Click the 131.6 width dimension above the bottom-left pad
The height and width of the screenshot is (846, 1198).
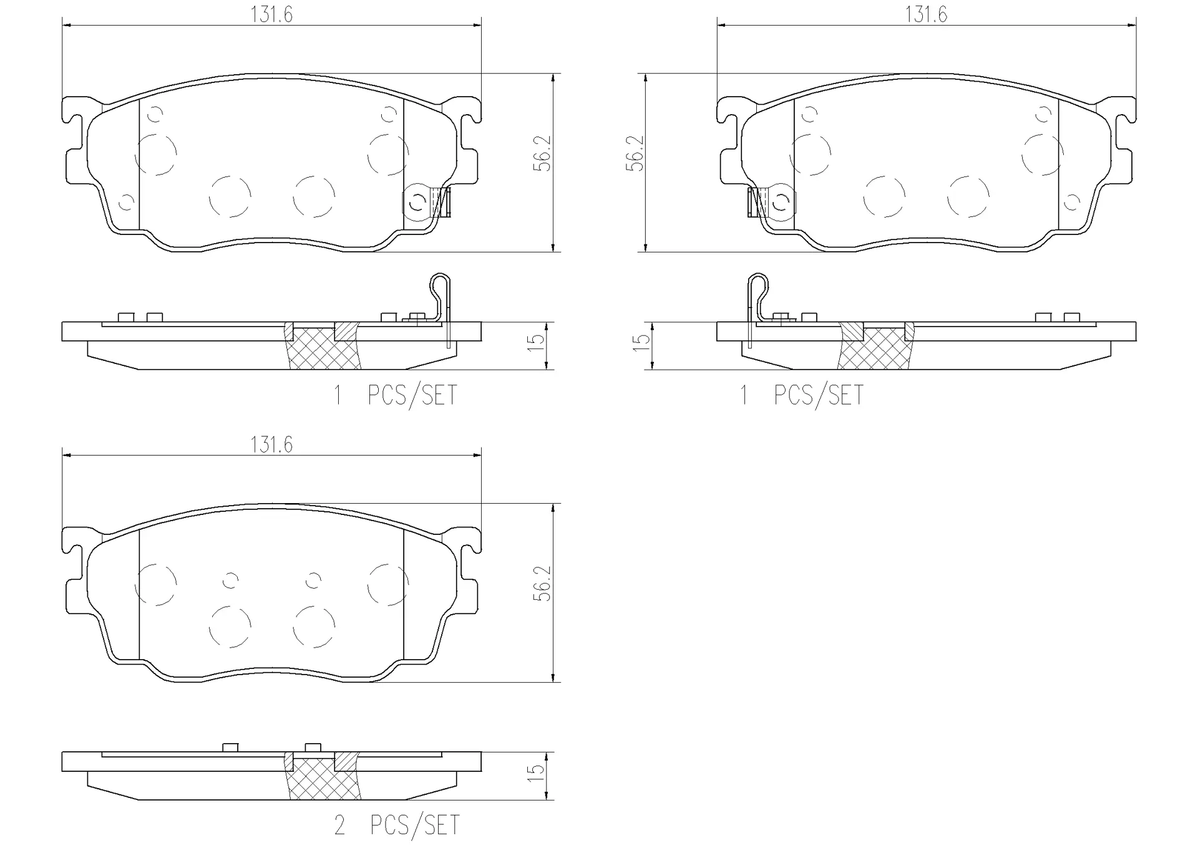click(x=271, y=445)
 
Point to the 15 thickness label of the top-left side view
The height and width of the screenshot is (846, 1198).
click(x=537, y=342)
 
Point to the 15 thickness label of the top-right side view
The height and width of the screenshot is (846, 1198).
click(x=641, y=342)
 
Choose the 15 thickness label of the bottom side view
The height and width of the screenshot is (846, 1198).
click(x=537, y=772)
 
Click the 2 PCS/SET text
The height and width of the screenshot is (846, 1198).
click(x=397, y=825)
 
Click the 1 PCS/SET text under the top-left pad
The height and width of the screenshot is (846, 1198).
click(x=396, y=396)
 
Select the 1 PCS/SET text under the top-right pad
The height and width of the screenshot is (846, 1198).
click(x=802, y=396)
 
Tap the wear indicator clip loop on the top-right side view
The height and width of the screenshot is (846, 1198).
click(x=758, y=284)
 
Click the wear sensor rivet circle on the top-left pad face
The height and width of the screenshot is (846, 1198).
click(x=416, y=202)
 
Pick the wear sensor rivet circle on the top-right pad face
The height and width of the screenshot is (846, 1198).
click(x=779, y=202)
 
